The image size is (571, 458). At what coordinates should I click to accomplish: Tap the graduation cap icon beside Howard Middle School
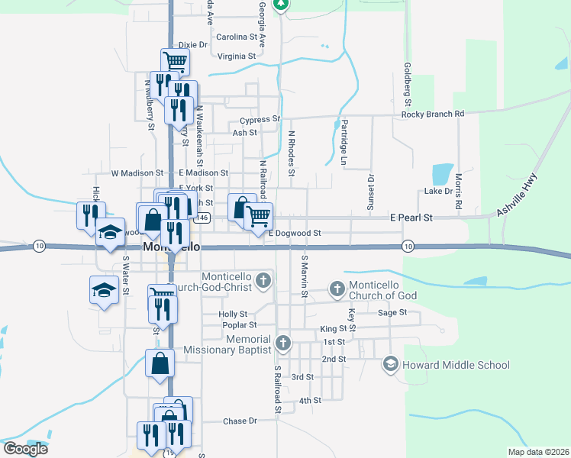(x=391, y=363)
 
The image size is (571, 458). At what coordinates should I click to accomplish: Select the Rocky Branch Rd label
(x=433, y=114)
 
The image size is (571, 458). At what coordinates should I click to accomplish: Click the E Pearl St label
(x=411, y=218)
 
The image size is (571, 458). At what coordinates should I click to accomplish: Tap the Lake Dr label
(x=439, y=192)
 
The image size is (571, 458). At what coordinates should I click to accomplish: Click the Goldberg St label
(x=408, y=85)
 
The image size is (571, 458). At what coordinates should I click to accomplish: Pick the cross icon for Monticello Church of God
(x=337, y=288)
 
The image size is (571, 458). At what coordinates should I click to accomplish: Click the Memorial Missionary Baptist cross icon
(x=283, y=342)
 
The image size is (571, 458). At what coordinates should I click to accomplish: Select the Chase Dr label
(x=240, y=421)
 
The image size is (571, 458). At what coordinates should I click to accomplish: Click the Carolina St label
(x=237, y=37)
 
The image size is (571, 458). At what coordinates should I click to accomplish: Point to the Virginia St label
(x=236, y=56)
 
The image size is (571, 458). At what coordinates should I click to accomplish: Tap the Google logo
(x=25, y=448)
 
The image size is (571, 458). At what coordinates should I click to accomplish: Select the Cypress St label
(x=260, y=120)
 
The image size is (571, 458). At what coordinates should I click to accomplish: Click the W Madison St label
(x=137, y=174)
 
